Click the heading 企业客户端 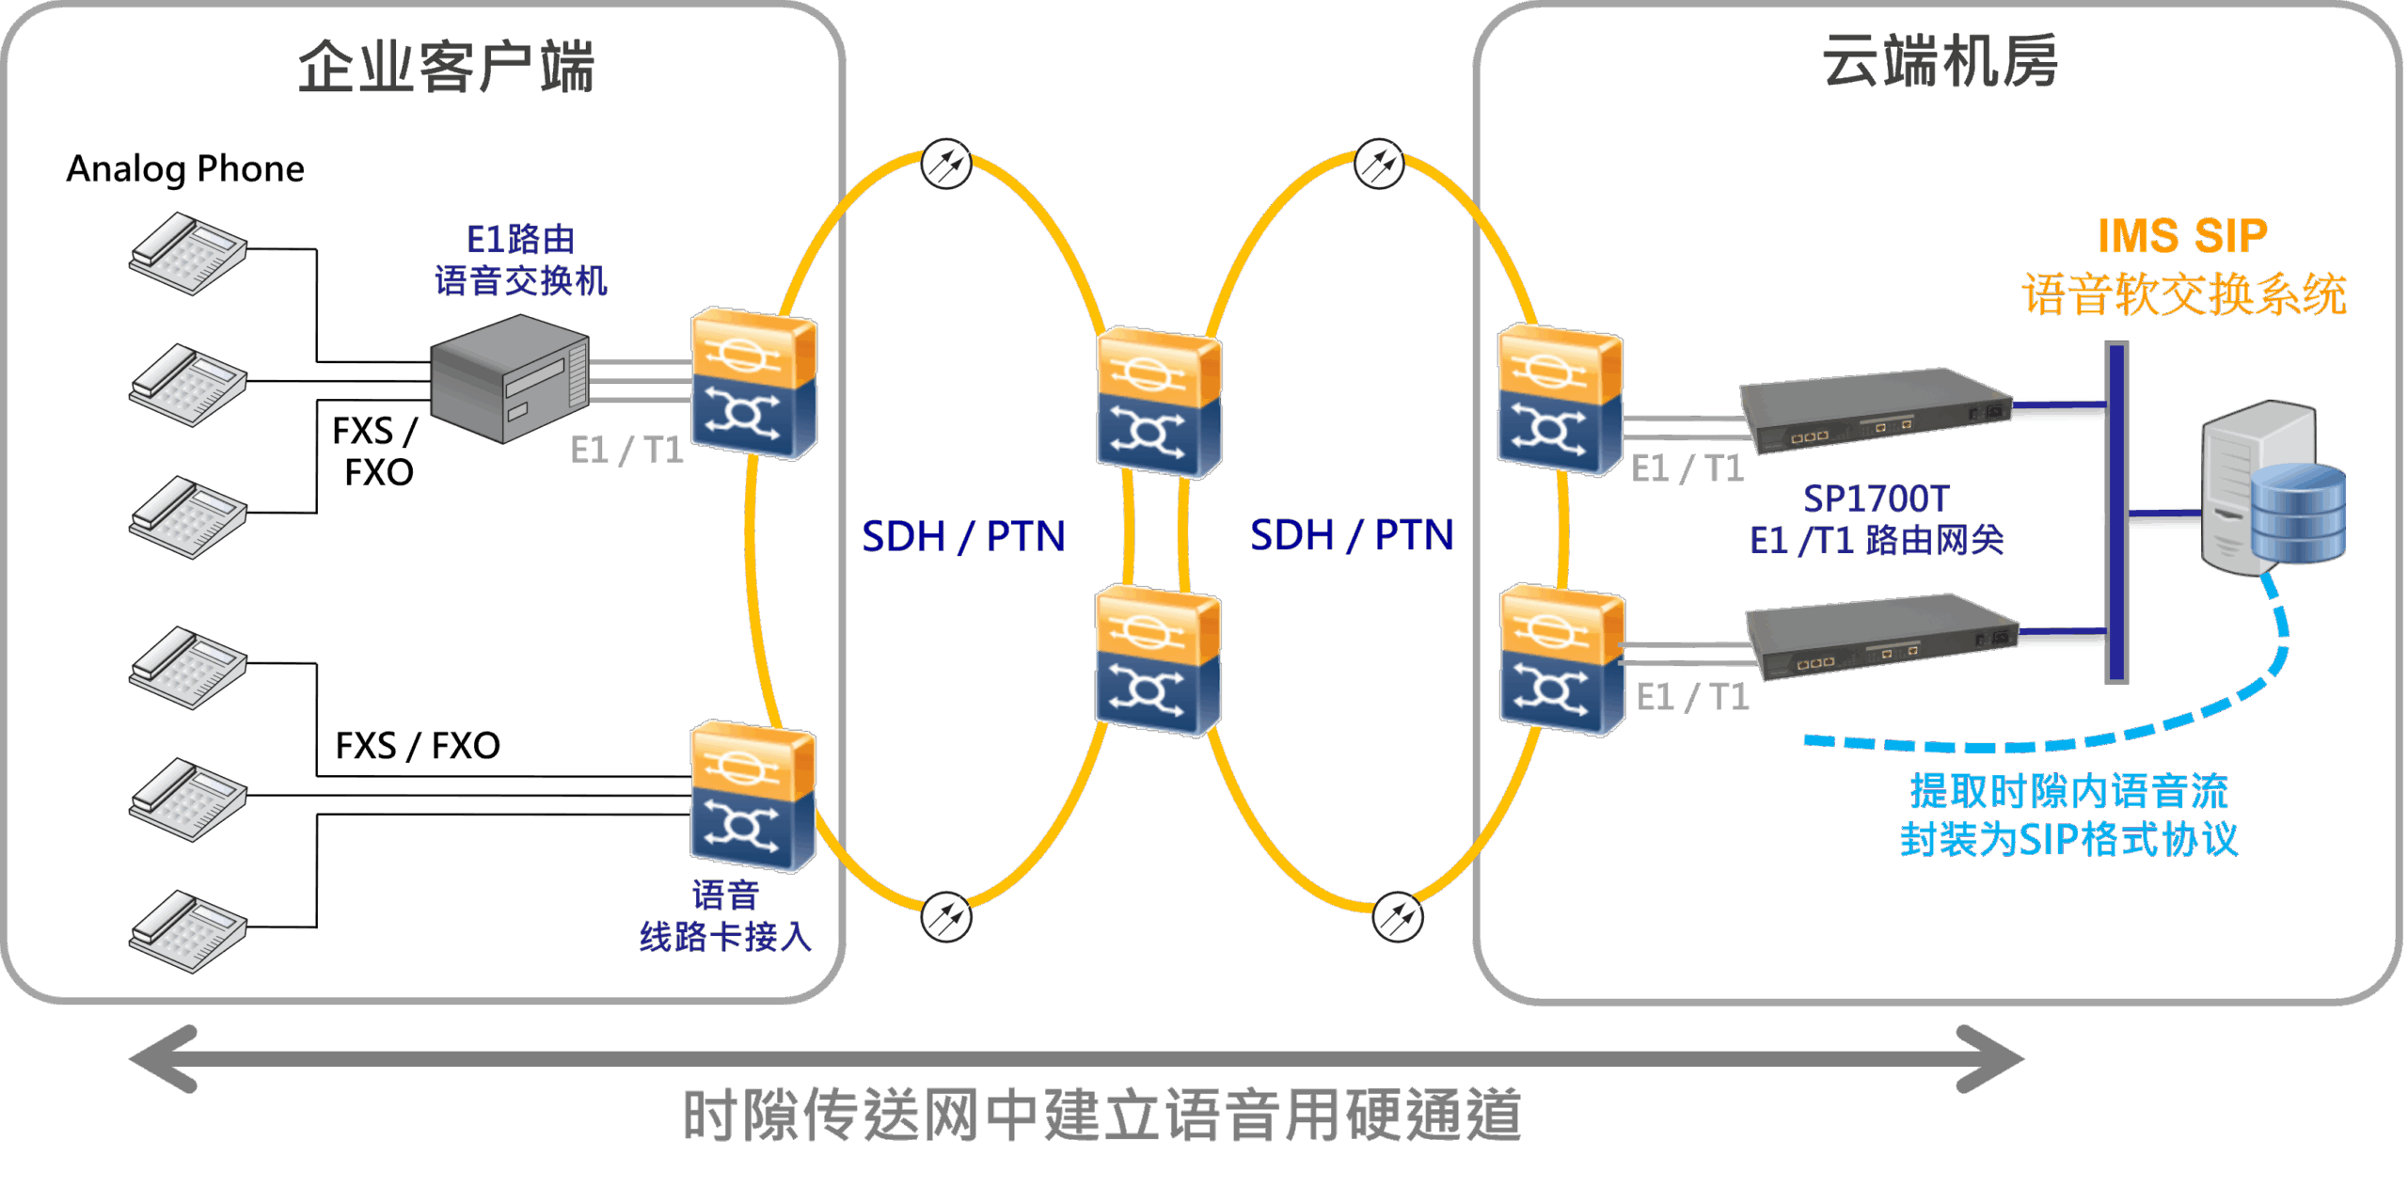446,67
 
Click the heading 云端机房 1940,62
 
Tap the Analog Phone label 185,169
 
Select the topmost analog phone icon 188,253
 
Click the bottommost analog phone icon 188,931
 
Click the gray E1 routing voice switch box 509,378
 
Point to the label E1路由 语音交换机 520,261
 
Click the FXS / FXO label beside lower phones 418,746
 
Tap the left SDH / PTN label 963,536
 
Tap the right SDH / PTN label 1352,535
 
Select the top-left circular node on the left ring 945,165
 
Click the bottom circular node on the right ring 1397,917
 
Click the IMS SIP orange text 2182,236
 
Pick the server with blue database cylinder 2272,489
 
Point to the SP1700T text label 1877,499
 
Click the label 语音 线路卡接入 725,916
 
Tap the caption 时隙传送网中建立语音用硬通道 1101,1116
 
